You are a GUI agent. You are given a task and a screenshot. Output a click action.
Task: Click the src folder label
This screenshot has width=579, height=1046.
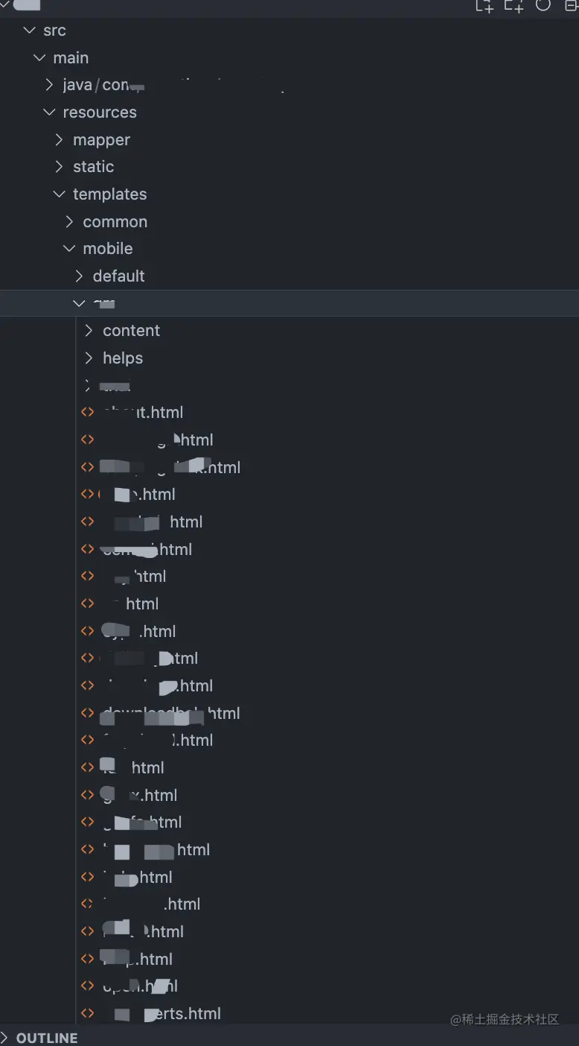54,31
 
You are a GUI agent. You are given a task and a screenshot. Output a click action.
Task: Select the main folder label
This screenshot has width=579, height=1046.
71,58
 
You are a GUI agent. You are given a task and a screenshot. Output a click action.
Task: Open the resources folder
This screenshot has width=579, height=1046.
99,112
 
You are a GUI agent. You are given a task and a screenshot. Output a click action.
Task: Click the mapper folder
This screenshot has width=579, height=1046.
101,140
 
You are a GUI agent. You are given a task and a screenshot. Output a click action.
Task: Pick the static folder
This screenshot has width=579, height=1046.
93,167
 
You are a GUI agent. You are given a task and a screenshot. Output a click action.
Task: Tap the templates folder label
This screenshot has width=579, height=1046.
109,194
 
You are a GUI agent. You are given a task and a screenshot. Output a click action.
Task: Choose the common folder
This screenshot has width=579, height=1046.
115,222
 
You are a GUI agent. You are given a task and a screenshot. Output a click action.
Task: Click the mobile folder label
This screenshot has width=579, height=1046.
107,249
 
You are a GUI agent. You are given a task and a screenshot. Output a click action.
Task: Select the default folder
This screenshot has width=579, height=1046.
118,276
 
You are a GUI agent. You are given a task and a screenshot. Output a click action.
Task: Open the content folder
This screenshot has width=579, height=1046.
131,331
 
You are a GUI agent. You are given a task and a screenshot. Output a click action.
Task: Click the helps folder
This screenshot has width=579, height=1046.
122,358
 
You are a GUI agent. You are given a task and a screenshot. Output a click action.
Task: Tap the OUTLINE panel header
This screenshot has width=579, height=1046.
47,1038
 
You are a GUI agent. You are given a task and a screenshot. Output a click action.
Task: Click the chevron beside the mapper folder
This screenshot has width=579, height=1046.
60,140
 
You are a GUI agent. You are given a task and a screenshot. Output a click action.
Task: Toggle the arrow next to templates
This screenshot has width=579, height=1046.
60,194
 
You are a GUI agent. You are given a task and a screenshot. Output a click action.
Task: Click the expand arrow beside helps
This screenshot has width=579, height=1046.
89,358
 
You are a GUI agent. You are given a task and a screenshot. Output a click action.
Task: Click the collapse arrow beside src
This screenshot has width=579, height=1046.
30,31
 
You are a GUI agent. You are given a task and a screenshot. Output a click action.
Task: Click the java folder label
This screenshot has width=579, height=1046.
77,86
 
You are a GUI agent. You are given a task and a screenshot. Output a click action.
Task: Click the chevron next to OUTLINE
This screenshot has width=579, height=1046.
5,1038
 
